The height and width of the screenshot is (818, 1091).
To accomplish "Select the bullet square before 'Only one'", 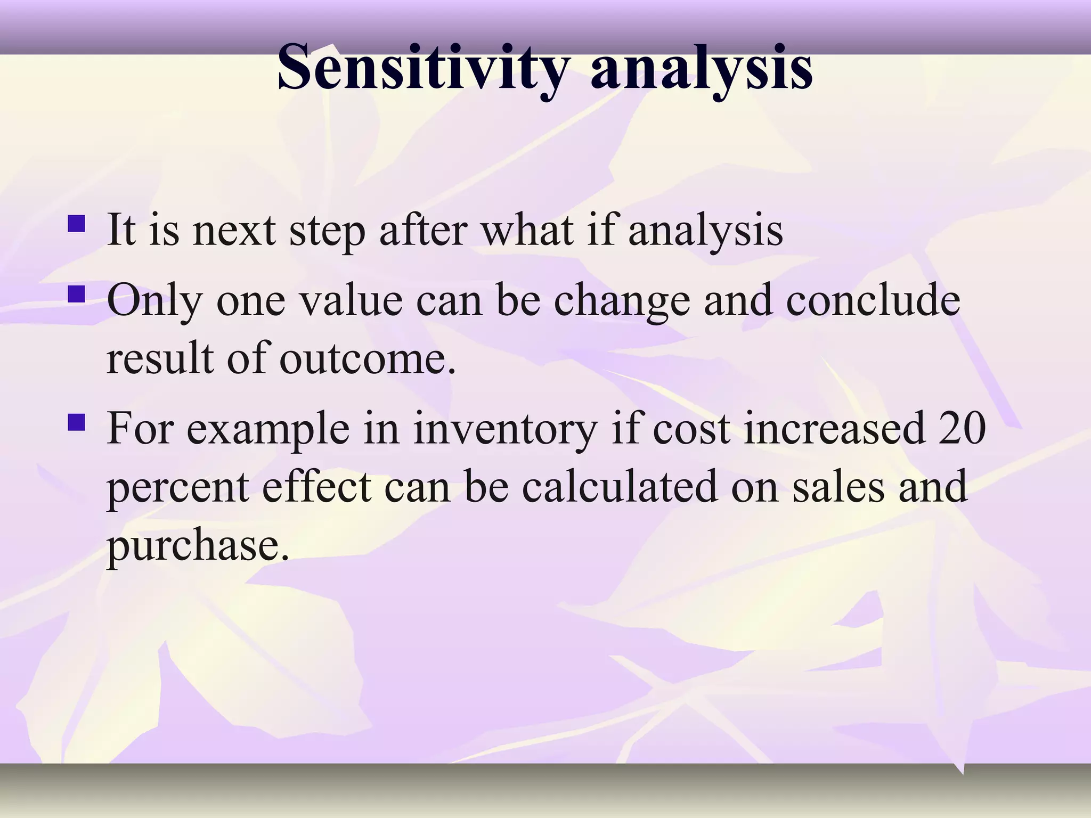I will (76, 294).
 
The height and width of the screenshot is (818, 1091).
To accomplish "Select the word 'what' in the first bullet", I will (527, 231).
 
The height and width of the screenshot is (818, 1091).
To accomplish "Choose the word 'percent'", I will (178, 488).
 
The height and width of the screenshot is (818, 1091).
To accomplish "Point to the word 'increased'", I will (834, 429).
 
